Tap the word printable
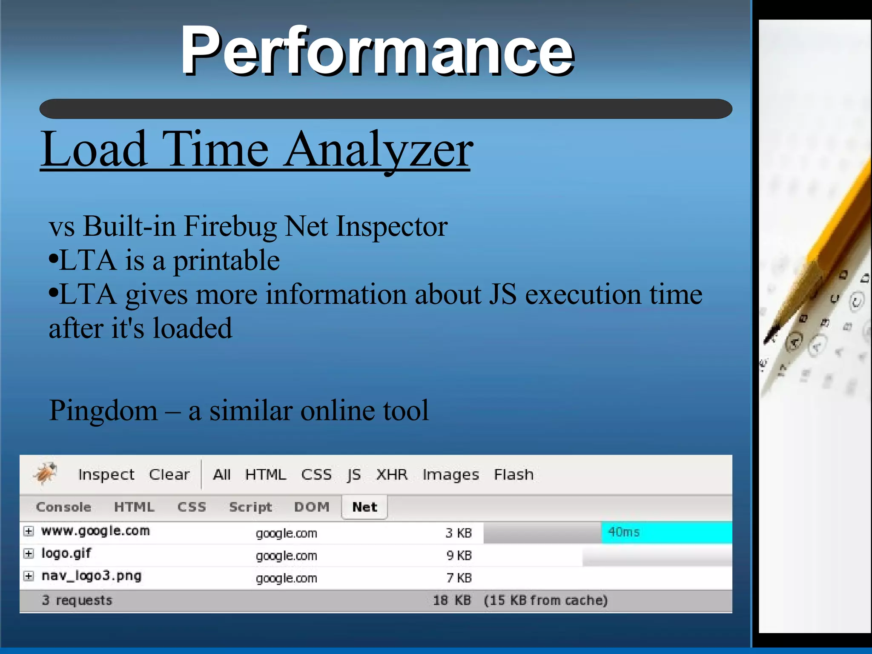(x=226, y=260)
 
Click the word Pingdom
(x=103, y=411)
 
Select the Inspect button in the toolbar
(x=106, y=474)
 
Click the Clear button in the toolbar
(x=169, y=474)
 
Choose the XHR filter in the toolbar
(x=391, y=474)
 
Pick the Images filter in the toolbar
(x=450, y=474)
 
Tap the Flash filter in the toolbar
(x=513, y=474)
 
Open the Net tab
(x=364, y=507)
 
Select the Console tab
(x=63, y=507)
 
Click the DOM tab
(x=312, y=507)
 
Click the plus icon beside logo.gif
(x=29, y=554)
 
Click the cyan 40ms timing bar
(x=666, y=532)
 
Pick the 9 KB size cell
(x=459, y=555)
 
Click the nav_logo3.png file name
(x=91, y=576)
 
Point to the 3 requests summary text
(x=77, y=600)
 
